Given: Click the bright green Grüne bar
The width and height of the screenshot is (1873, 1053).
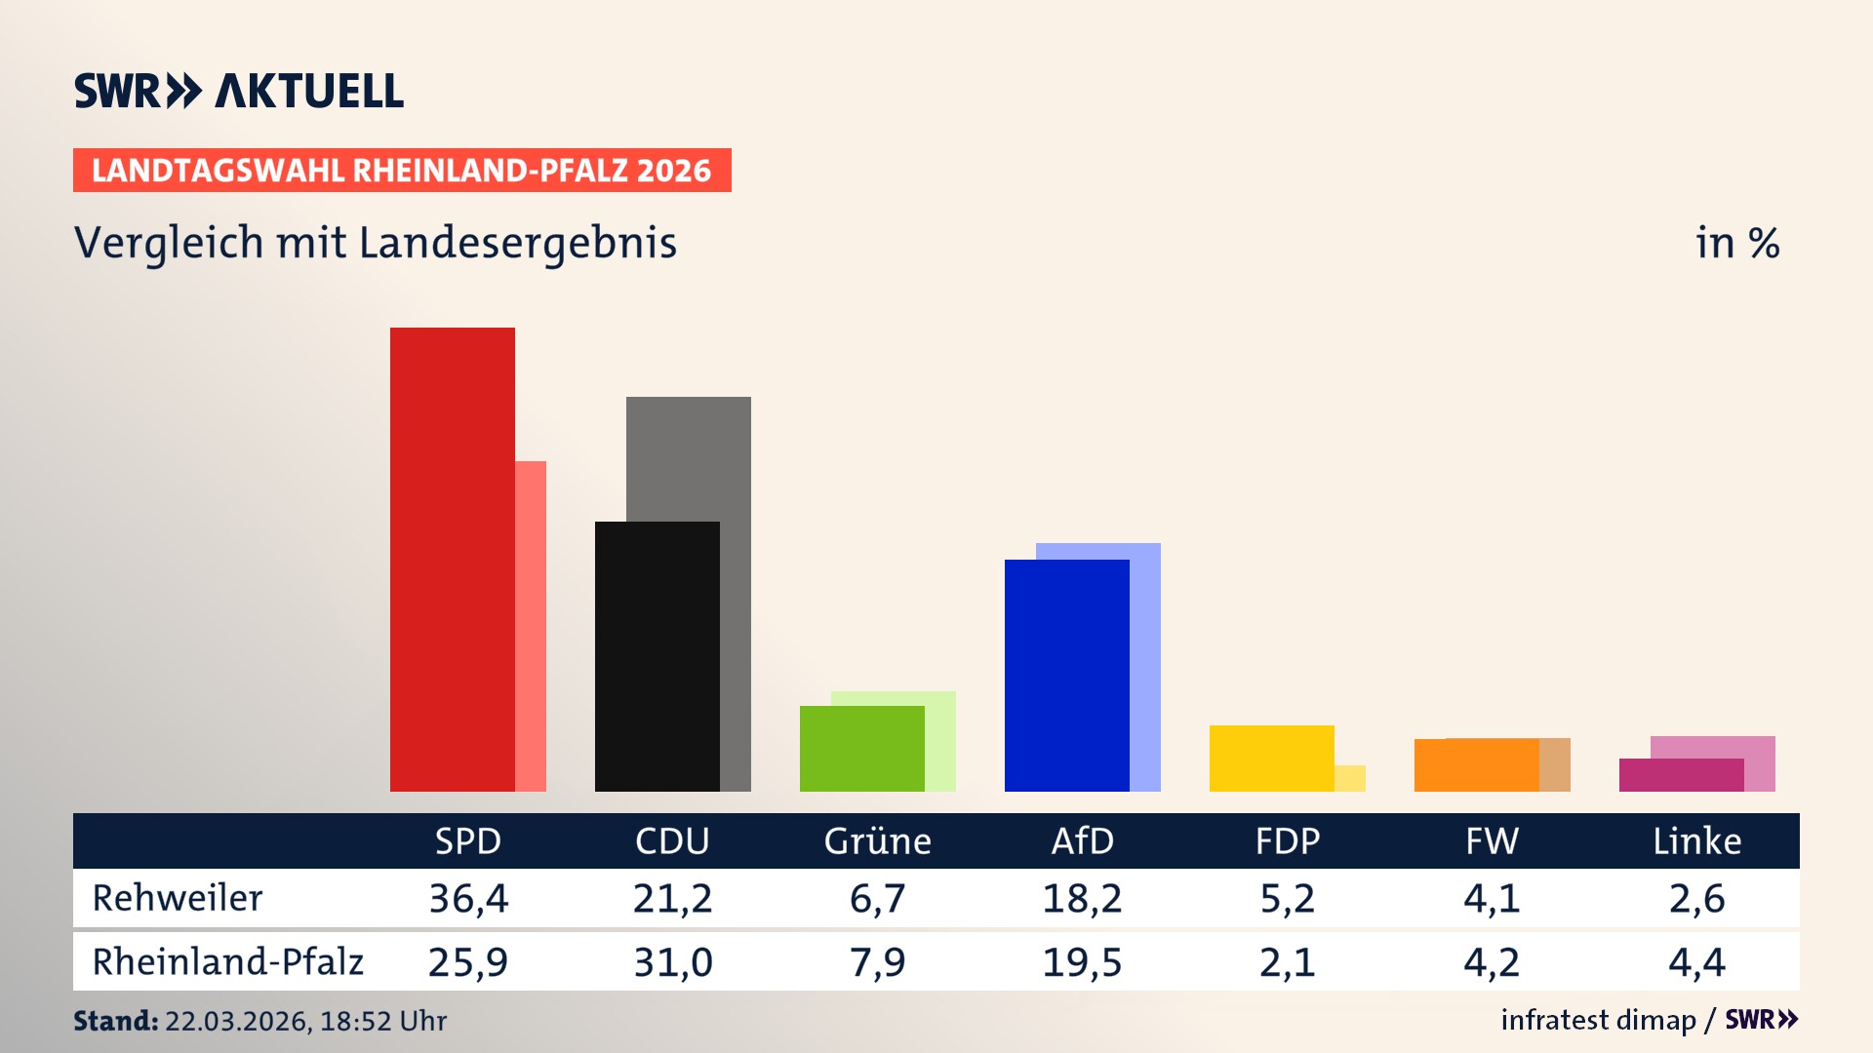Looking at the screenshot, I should [x=861, y=748].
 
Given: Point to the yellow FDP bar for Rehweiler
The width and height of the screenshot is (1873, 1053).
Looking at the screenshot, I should [x=1271, y=758].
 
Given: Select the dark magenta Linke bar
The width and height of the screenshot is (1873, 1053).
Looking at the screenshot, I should [x=1681, y=775].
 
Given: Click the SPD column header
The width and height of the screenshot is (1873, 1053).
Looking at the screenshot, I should [x=467, y=840].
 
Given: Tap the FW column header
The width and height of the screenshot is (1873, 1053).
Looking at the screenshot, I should [x=1492, y=840].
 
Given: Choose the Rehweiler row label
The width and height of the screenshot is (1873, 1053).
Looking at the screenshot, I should [x=178, y=898].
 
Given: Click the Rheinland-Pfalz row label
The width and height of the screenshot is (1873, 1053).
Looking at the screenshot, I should [x=227, y=961].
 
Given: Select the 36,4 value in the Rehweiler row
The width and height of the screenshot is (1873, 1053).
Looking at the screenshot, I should [x=468, y=898].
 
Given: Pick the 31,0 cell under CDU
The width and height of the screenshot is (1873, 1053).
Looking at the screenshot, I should [x=673, y=962].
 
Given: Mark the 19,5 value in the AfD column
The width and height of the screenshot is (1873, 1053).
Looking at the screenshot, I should [x=1082, y=962].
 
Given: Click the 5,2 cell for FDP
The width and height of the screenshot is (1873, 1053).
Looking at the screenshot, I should [x=1287, y=898].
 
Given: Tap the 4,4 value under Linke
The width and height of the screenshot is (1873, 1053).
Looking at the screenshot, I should [x=1696, y=962].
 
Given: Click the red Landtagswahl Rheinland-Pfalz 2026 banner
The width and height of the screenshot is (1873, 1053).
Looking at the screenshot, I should [x=402, y=171].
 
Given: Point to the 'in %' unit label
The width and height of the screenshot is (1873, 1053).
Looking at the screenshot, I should [x=1737, y=243].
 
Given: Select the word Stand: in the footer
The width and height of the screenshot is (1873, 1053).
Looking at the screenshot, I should [x=115, y=1021].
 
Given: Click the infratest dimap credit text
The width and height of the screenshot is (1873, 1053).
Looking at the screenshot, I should [x=1598, y=1020].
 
